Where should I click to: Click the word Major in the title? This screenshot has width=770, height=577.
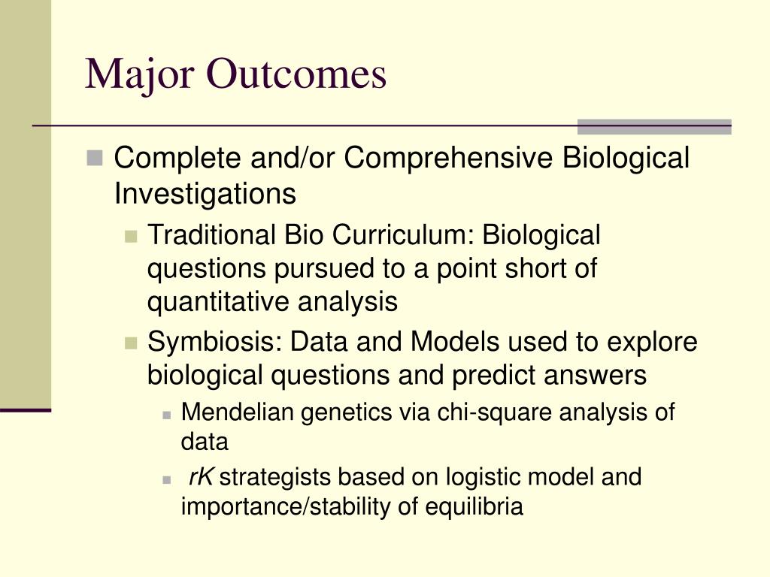click(139, 74)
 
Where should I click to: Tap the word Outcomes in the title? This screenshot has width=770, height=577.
click(297, 74)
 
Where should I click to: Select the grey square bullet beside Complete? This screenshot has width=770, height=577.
click(94, 158)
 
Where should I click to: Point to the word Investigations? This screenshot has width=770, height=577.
click(205, 194)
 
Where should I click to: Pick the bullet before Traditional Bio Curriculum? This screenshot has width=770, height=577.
click(131, 237)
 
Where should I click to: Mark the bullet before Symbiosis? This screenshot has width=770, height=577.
click(131, 343)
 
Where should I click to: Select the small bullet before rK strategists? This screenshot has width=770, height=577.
click(166, 480)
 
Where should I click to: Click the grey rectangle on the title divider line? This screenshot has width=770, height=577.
click(654, 126)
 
